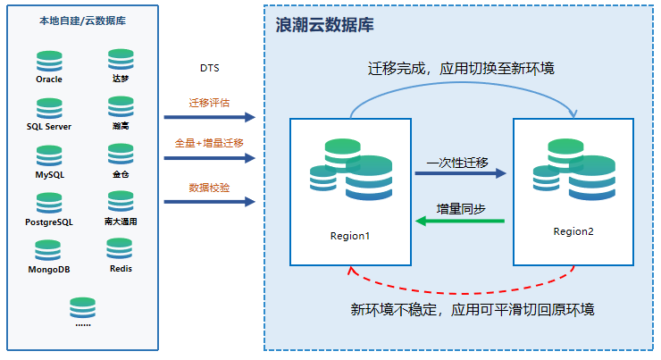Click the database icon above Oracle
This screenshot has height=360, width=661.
click(x=49, y=61)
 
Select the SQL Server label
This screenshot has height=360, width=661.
click(x=49, y=127)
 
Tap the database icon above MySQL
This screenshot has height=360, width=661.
click(x=49, y=157)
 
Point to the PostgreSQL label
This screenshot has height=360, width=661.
click(x=49, y=222)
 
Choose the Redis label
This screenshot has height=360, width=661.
click(x=121, y=268)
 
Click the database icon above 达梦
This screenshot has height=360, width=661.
click(x=121, y=61)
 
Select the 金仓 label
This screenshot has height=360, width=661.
click(x=121, y=174)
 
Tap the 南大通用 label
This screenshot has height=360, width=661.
click(x=121, y=222)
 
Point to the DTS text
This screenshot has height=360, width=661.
click(x=209, y=69)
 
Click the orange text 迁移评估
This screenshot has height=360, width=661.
click(x=209, y=103)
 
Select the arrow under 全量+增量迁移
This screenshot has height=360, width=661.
click(x=209, y=158)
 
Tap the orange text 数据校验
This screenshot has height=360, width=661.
click(x=209, y=187)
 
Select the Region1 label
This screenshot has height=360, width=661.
click(x=349, y=236)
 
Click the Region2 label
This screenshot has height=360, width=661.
click(x=573, y=231)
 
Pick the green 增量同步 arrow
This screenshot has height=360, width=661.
click(x=460, y=222)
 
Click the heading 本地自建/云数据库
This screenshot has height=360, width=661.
click(x=82, y=21)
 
